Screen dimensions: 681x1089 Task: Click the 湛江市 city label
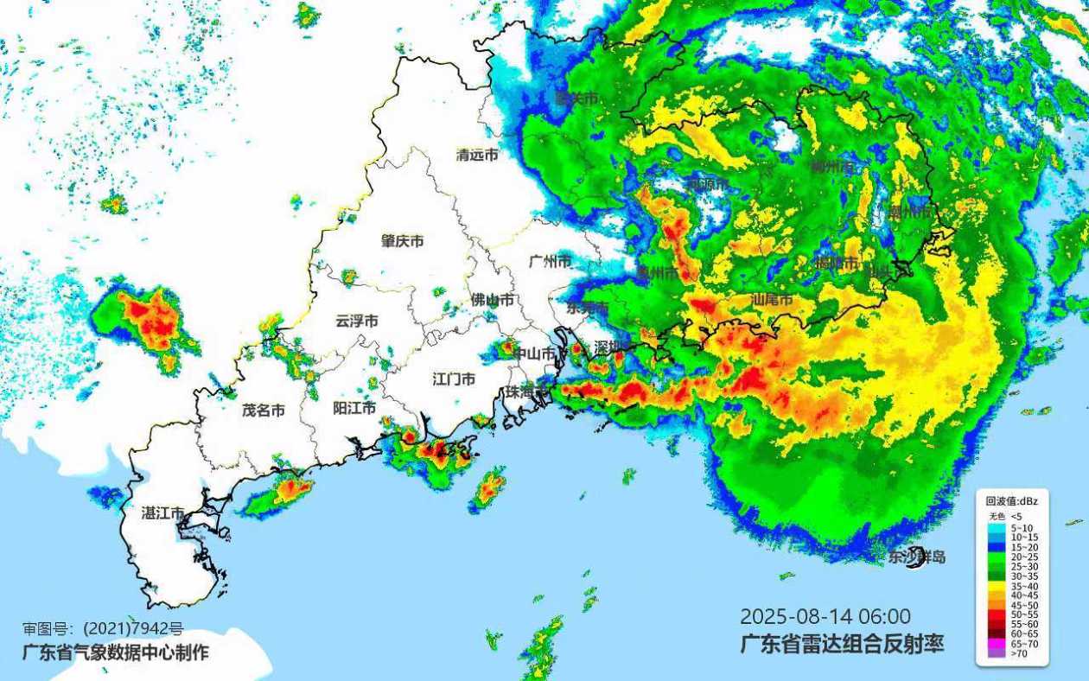pos(163,512)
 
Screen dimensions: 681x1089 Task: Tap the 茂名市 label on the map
pos(264,411)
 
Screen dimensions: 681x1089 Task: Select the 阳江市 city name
pos(354,408)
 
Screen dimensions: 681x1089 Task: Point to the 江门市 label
pos(454,379)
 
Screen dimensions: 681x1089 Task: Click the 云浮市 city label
pos(357,321)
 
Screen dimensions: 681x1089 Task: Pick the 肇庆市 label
pos(403,241)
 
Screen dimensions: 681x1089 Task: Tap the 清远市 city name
pos(477,156)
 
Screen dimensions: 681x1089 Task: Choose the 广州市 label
pos(551,261)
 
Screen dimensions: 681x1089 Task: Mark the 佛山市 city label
pos(492,300)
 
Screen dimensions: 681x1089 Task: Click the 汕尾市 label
pos(772,300)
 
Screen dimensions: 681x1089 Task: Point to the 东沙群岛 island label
pos(916,557)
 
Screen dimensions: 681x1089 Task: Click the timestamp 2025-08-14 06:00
pos(825,616)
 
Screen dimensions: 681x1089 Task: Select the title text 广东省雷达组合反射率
pos(841,643)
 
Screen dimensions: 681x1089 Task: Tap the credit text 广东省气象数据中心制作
pos(115,652)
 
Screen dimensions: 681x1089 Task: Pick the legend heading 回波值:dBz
pos(1012,500)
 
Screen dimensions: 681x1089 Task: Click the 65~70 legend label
pos(1025,644)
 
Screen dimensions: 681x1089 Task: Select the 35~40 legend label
pos(1025,586)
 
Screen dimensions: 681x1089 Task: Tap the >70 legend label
pos(1021,654)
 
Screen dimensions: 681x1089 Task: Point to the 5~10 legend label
pos(1023,527)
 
